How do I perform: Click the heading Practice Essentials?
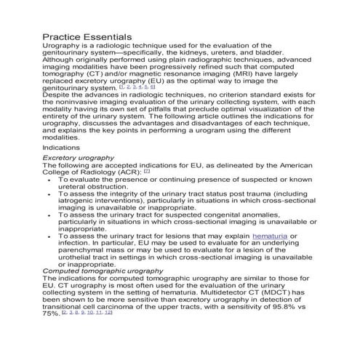pyautogui.click(x=87, y=36)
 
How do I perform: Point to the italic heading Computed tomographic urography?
pyautogui.click(x=103, y=271)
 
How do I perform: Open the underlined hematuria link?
pyautogui.click(x=270, y=236)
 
